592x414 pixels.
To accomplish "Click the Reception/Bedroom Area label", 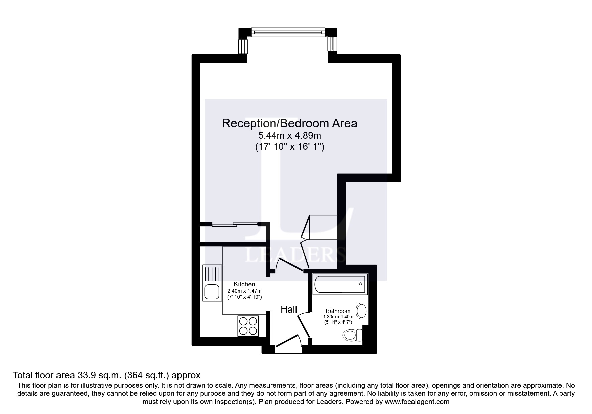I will click(289, 123).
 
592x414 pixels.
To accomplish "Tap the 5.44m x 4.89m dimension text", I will click(289, 136).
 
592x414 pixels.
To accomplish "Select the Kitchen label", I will click(244, 284).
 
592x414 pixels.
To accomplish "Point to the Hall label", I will click(289, 309).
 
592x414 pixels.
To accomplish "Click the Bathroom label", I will click(338, 311).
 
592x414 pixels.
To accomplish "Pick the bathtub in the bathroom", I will click(340, 285).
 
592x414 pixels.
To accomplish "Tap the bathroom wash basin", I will click(362, 311).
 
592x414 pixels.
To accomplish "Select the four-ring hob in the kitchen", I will click(248, 326).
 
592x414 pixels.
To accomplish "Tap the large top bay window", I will click(287, 32).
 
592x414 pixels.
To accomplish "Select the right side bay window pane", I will click(332, 43).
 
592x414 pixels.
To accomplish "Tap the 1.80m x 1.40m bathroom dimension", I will click(338, 317).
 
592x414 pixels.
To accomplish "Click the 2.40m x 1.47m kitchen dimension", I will click(244, 291).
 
